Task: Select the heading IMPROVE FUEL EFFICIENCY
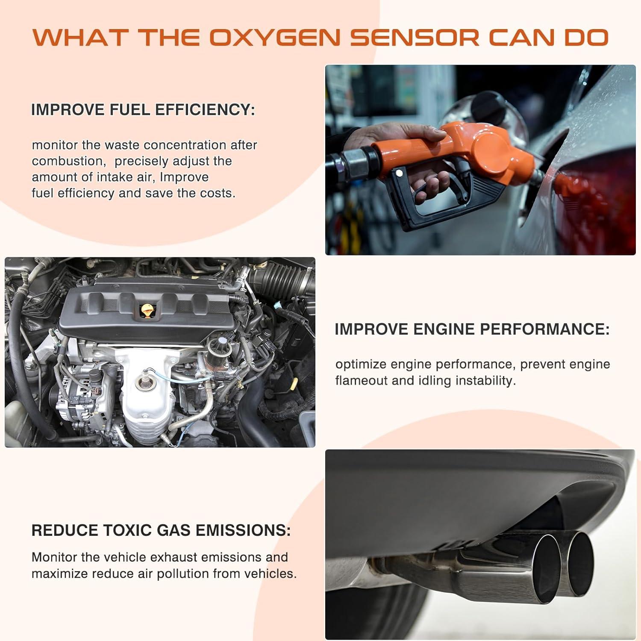click(143, 110)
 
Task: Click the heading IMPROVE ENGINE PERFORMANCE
click(472, 329)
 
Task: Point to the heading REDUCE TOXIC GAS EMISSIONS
click(161, 530)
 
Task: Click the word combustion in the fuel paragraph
click(68, 161)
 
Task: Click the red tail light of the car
click(598, 201)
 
